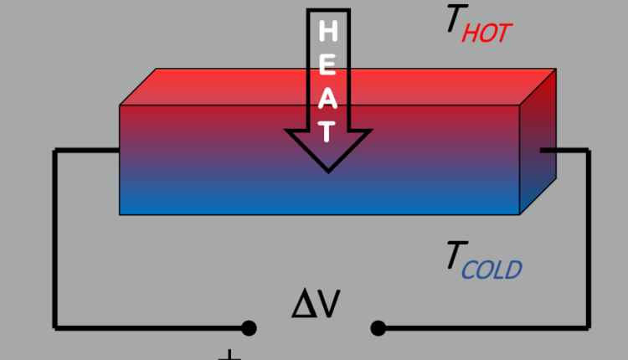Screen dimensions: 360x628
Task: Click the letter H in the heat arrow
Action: (x=329, y=33)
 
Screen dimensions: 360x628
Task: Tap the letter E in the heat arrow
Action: (x=329, y=65)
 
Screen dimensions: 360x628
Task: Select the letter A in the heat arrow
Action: (x=329, y=100)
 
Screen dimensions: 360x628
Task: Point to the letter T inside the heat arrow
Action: (x=329, y=131)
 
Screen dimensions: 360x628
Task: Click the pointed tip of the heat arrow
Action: (x=329, y=169)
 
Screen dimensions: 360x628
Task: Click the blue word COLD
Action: (x=492, y=270)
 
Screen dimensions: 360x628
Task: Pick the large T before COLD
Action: (x=456, y=259)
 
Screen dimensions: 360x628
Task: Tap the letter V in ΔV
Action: (x=328, y=306)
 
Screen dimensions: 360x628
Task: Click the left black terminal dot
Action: (x=249, y=327)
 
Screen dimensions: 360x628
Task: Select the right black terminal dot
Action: (x=378, y=327)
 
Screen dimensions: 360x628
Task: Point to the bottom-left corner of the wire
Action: (x=56, y=327)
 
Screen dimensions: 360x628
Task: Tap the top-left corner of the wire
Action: (x=56, y=152)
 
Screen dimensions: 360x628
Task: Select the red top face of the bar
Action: (x=335, y=86)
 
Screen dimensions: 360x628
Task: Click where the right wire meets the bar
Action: (x=542, y=151)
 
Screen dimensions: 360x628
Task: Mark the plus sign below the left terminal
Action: (x=229, y=356)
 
